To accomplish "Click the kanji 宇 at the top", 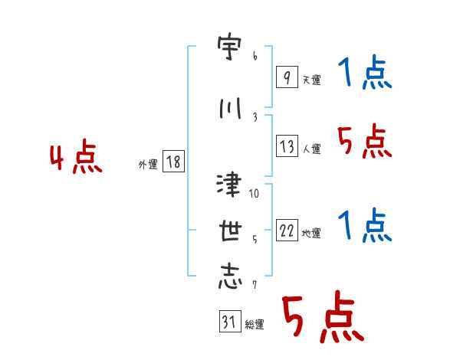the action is pyautogui.click(x=229, y=47).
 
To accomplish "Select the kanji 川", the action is pyautogui.click(x=230, y=109).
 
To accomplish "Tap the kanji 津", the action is pyautogui.click(x=229, y=185).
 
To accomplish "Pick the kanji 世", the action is pyautogui.click(x=230, y=231).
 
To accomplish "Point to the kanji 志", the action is pyautogui.click(x=230, y=277).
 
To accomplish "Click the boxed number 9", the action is pyautogui.click(x=287, y=77).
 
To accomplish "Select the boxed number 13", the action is pyautogui.click(x=287, y=146).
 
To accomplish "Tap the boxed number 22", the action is pyautogui.click(x=287, y=230).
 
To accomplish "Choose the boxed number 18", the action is pyautogui.click(x=173, y=162).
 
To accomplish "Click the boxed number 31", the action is pyautogui.click(x=230, y=321).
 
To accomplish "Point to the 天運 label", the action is pyautogui.click(x=311, y=80).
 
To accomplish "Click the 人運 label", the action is pyautogui.click(x=311, y=149).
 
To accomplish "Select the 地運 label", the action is pyautogui.click(x=311, y=234).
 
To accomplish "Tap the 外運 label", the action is pyautogui.click(x=148, y=165).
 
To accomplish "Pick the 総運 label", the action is pyautogui.click(x=255, y=325).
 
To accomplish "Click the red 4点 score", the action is pyautogui.click(x=76, y=156).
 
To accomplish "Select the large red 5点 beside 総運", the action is pyautogui.click(x=324, y=316).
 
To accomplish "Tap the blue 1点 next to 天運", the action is pyautogui.click(x=365, y=72).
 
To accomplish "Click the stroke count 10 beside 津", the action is pyautogui.click(x=254, y=193).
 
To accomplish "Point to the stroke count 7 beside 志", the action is pyautogui.click(x=255, y=285).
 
